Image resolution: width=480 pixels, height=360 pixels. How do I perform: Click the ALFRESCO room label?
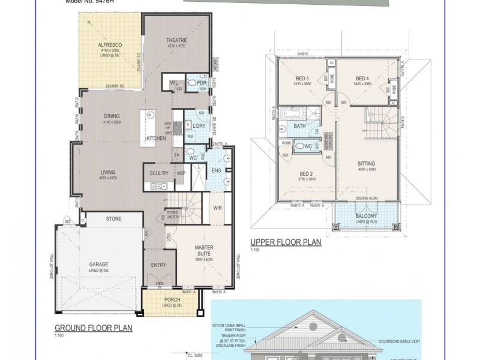110,45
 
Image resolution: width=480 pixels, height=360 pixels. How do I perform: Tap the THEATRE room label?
178,40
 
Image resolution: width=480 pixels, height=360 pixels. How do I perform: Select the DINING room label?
112,116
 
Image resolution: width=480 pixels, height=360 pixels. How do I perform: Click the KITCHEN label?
156,138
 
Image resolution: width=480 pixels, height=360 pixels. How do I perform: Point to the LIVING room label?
108,173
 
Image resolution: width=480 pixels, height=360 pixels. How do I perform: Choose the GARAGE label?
98,263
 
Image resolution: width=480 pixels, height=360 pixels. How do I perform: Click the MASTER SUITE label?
204,251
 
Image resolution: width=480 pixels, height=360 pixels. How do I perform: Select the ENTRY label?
159,265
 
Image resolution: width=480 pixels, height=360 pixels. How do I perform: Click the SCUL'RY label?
158,173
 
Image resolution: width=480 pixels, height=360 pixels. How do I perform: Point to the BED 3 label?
302,79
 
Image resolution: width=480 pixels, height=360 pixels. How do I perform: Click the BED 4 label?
361,79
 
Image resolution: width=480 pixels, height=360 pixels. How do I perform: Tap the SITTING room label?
366,163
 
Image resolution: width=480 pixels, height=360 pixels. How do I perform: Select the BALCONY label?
366,216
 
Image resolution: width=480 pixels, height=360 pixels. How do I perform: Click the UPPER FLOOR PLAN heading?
285,242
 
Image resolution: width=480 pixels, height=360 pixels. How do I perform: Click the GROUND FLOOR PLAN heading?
94,328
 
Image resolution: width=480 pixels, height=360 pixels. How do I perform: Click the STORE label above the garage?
113,218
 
